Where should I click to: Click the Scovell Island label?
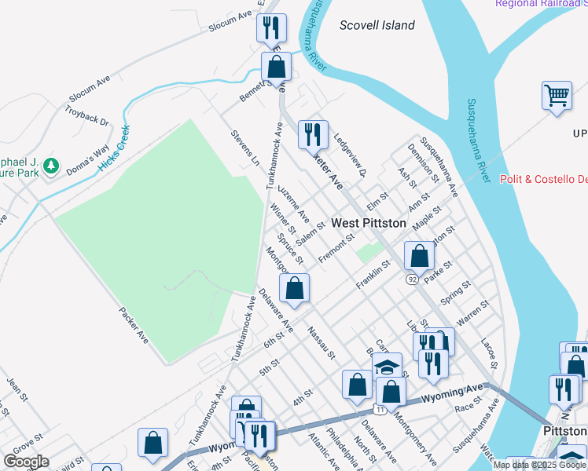[377, 25]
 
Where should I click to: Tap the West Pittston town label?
[369, 223]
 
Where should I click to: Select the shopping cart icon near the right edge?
[557, 96]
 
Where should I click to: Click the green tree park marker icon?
[51, 166]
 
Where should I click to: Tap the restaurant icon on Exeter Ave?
[313, 134]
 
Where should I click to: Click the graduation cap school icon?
[387, 367]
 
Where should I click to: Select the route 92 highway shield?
[413, 279]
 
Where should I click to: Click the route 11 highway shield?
[380, 410]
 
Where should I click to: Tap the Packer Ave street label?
[134, 326]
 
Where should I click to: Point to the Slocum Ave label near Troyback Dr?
[90, 91]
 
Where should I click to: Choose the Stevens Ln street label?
[245, 148]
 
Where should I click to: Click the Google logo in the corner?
[26, 462]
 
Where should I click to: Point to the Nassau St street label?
[322, 342]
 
